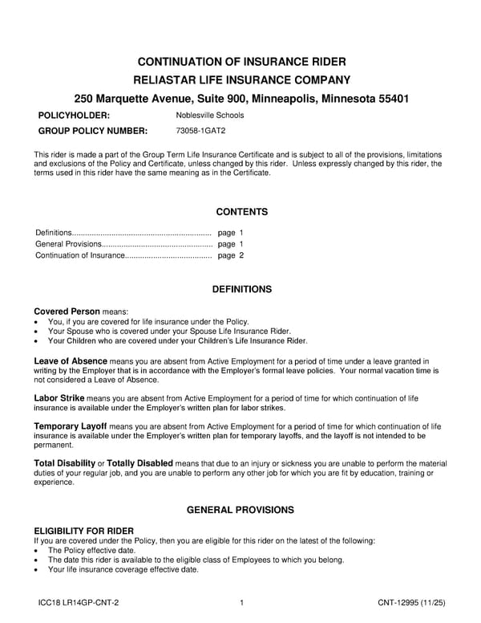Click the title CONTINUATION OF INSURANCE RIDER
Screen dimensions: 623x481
coord(241,62)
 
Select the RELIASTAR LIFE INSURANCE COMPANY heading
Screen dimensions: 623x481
coord(241,79)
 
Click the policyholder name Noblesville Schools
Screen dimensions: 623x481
coord(210,116)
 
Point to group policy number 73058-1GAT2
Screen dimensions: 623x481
coord(200,131)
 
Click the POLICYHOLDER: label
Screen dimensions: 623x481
coord(73,116)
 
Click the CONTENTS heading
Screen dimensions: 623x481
coord(241,212)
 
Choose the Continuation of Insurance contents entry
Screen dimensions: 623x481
coord(80,255)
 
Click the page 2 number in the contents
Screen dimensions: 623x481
coord(230,255)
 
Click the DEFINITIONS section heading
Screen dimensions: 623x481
coord(241,289)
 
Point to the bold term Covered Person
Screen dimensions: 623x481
coord(67,311)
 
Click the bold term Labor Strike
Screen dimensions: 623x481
coord(59,397)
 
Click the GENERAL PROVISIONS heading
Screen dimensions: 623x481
coord(241,510)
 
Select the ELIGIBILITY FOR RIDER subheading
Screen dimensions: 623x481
coord(83,531)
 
